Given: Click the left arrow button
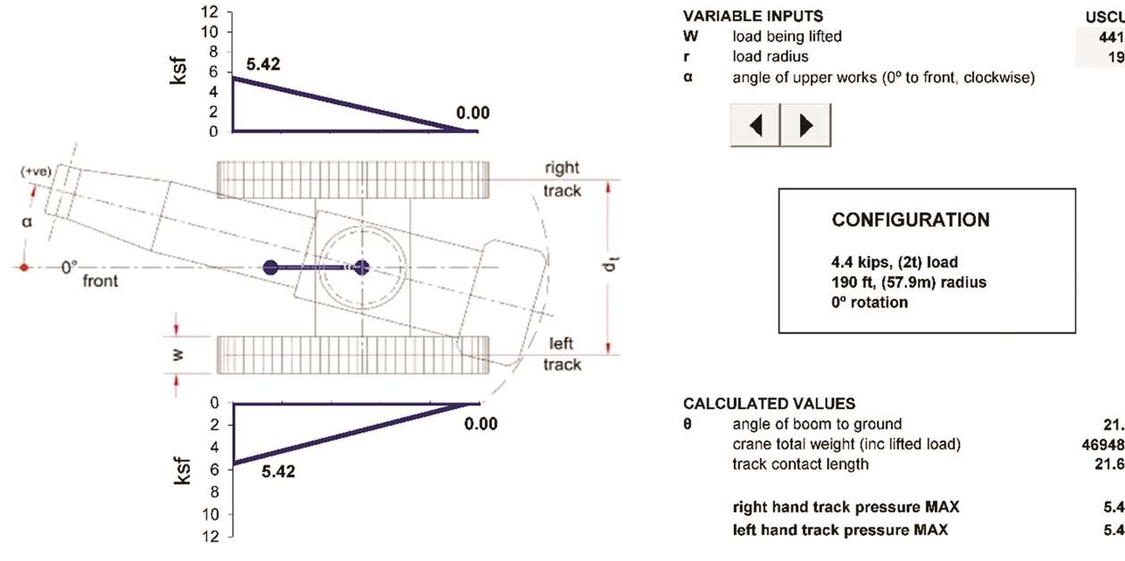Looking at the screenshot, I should click(755, 125).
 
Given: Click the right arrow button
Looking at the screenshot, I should click(806, 125).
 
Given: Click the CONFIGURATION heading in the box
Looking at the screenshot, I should click(910, 220).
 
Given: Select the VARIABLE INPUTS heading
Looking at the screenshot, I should click(753, 17).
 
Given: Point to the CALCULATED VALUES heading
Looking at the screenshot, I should click(769, 404).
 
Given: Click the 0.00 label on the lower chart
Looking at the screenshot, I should click(480, 423).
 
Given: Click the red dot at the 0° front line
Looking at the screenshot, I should click(26, 267).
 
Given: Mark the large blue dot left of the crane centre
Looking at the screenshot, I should click(271, 267).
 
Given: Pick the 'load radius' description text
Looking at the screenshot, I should click(772, 57).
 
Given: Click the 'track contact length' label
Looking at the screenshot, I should click(800, 464).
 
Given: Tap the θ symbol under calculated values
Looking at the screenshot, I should click(688, 424).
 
